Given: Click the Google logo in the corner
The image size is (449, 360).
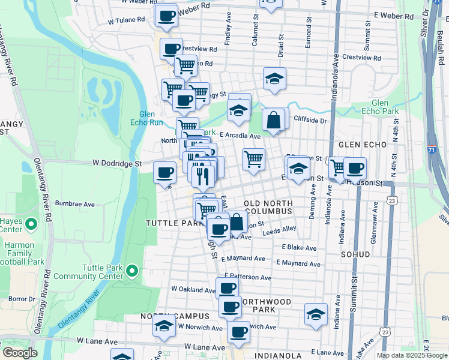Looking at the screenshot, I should [19, 353].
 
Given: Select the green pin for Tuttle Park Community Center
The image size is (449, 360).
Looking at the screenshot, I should [132, 272].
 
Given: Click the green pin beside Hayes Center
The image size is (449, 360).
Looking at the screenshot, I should [32, 225].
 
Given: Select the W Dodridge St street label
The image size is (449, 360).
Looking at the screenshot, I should [116, 163].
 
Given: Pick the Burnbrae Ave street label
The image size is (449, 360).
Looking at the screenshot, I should [75, 204].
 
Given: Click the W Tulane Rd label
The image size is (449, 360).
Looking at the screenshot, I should [127, 20].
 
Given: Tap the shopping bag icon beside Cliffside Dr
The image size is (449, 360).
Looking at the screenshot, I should [274, 119].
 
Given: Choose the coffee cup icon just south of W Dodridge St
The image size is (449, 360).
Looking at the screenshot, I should [164, 173].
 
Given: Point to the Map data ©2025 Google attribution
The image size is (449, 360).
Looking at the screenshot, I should [412, 355].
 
